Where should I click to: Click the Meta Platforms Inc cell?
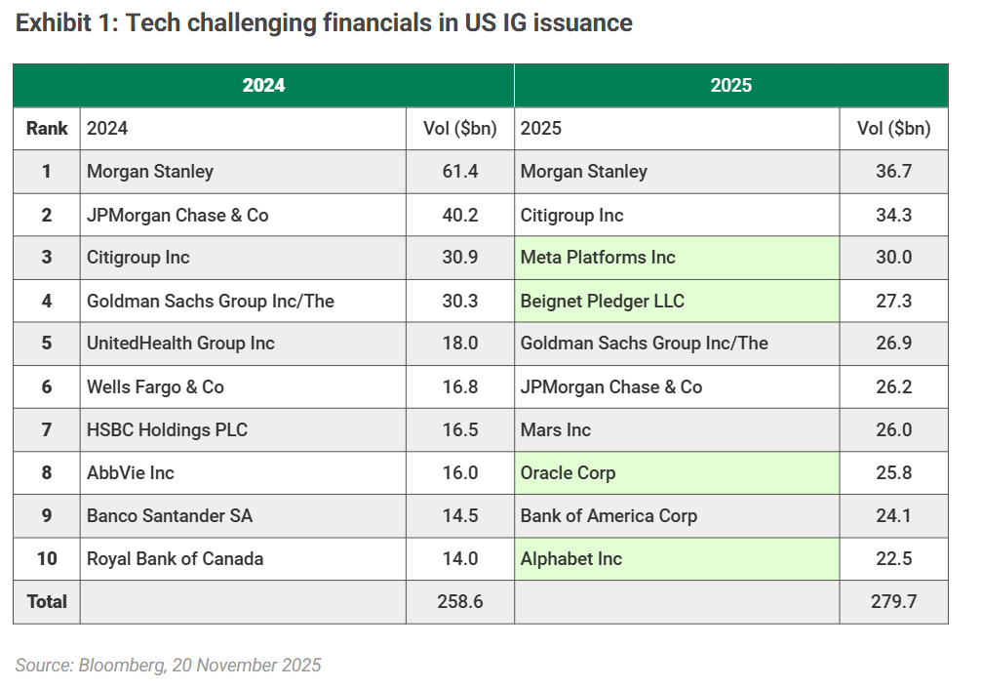[x=598, y=258]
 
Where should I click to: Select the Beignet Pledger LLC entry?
[x=602, y=301]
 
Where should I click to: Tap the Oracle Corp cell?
[x=568, y=473]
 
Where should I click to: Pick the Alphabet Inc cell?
[x=570, y=559]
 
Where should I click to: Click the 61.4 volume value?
[x=460, y=172]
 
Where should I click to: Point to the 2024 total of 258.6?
[x=460, y=602]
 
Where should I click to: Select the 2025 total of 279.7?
[x=893, y=602]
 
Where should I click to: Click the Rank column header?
[x=47, y=129]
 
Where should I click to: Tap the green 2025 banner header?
[x=730, y=86]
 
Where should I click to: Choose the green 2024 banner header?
[x=263, y=86]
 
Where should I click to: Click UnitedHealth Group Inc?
[x=180, y=344]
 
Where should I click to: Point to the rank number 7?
[x=47, y=430]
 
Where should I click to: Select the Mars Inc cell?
[x=556, y=430]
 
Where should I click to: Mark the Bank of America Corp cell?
[x=609, y=516]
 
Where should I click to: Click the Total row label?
[x=47, y=602]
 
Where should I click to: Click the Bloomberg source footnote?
[x=168, y=666]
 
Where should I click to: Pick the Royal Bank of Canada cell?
[x=175, y=559]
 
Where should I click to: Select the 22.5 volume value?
[x=893, y=559]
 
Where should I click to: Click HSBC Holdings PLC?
[x=167, y=430]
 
